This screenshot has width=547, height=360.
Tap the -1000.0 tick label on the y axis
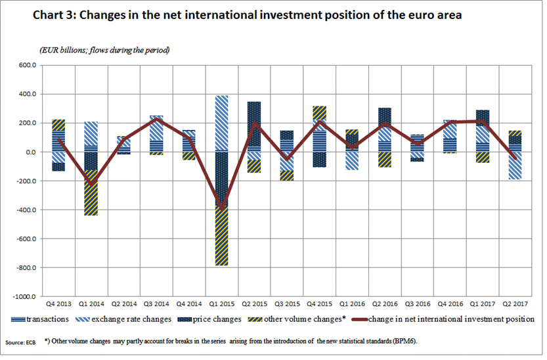click(x=26, y=297)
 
